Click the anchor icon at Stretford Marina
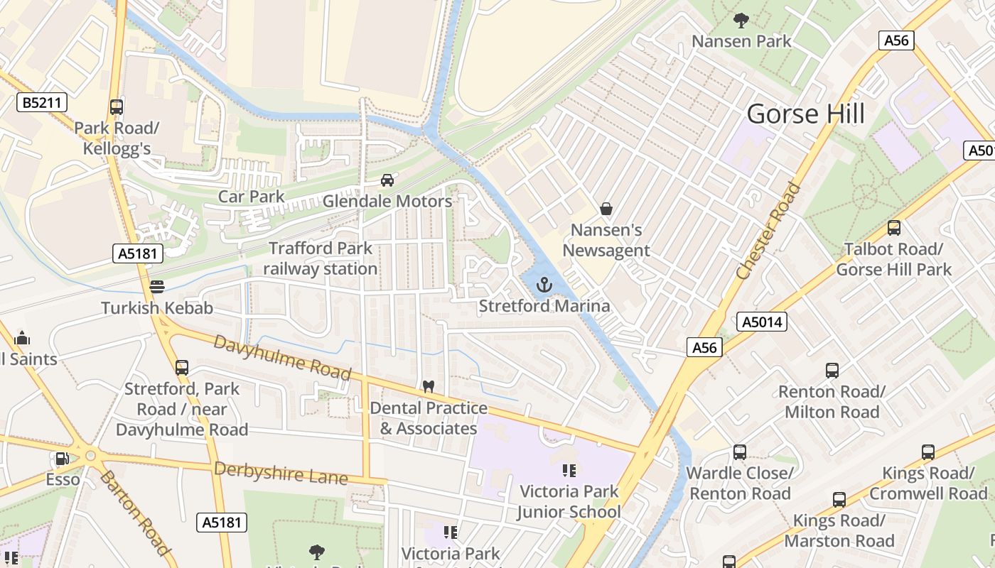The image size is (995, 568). click(544, 285)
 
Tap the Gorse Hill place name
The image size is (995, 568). click(806, 114)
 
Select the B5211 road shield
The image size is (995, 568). click(42, 103)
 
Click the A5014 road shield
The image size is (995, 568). click(762, 322)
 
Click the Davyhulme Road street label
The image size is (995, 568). click(282, 357)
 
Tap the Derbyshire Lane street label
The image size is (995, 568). click(281, 473)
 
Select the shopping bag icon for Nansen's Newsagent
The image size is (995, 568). click(606, 209)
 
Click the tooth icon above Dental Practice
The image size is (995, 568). click(428, 387)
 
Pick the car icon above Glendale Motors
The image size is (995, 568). click(387, 180)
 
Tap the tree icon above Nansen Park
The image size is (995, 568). click(741, 21)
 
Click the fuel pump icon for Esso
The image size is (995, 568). click(63, 459)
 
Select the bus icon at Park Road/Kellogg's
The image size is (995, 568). click(117, 107)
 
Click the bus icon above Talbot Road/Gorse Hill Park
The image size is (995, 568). click(893, 228)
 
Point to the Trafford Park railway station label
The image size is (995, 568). click(321, 258)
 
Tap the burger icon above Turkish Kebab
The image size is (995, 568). click(157, 287)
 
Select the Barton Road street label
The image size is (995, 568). click(135, 511)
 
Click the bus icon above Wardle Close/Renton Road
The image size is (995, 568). click(739, 452)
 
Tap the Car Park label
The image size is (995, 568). click(251, 197)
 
